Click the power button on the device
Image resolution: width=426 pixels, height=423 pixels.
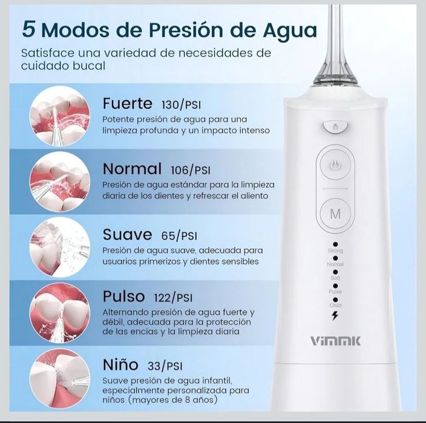pos(335,165)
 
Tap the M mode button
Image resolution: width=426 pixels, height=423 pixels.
pos(335,214)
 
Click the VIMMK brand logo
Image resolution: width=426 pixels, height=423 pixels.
pos(335,341)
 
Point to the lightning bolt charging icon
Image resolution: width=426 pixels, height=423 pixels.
pos(335,315)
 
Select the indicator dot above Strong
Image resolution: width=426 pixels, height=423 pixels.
pos(335,244)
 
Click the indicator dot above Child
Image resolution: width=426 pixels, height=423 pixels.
pos(335,300)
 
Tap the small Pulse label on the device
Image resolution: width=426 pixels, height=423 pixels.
pos(335,292)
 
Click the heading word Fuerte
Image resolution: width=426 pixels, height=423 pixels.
pos(128,103)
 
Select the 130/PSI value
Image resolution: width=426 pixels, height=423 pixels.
pos(181,105)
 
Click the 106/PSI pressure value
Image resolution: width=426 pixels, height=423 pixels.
pos(191,170)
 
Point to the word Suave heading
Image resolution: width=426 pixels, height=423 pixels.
pos(128,234)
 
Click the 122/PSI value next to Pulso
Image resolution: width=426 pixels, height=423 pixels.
pos(173,298)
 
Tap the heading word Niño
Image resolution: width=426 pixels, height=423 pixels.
pos(120,364)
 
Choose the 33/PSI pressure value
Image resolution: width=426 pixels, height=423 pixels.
pos(165,366)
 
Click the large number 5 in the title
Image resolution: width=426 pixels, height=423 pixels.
pos(29,29)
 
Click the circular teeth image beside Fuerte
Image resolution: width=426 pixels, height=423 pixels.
pos(60,116)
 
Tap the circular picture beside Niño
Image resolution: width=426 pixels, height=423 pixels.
pos(60,379)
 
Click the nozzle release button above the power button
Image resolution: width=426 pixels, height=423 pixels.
pos(335,127)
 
